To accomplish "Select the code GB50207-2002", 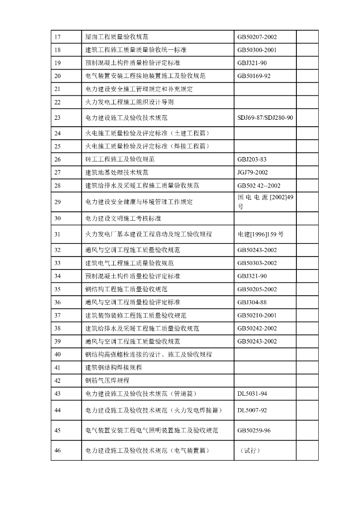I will [x=257, y=37].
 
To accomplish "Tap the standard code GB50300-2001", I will [x=257, y=50].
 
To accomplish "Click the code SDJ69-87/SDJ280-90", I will [x=266, y=118].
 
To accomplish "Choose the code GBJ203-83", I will [x=252, y=160].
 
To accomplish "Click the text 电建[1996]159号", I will [x=261, y=234].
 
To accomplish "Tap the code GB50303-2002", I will [x=257, y=263].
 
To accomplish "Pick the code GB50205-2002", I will [x=257, y=289].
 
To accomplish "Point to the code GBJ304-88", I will [x=252, y=302].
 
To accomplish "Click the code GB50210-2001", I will [x=257, y=316].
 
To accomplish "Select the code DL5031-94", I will [x=252, y=394].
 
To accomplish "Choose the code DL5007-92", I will [x=252, y=410].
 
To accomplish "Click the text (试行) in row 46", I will [x=250, y=451].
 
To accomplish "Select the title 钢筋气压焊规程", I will [x=107, y=381].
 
